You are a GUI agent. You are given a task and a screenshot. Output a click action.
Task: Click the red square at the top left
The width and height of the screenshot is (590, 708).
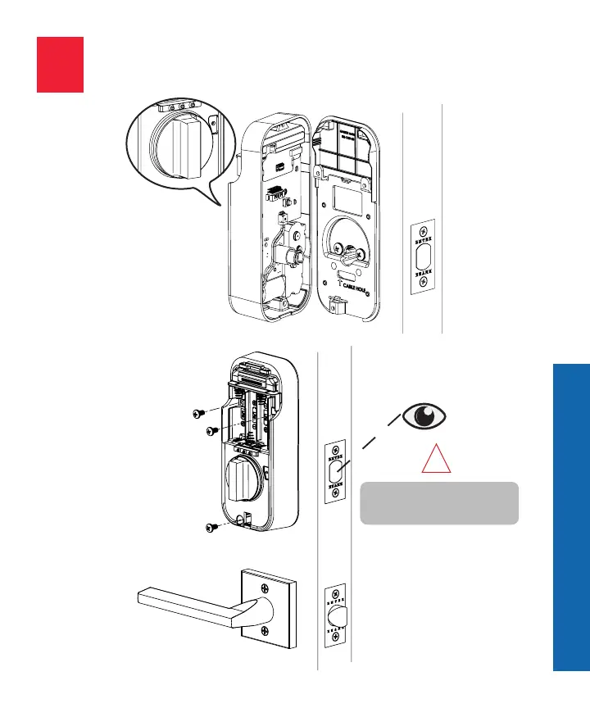tap(60, 64)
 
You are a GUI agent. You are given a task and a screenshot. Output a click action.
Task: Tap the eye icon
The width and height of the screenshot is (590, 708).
tap(424, 416)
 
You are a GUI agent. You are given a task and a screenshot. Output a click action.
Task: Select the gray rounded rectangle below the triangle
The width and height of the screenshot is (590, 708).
tap(439, 503)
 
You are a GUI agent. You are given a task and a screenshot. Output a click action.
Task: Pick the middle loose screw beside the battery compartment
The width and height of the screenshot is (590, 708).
tap(210, 430)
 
